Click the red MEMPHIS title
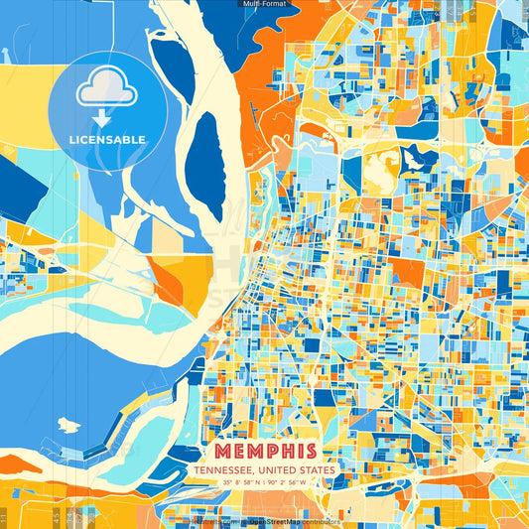263,451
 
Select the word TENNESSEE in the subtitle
223,470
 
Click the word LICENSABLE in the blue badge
106,139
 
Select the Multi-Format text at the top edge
264,4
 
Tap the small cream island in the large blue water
67,424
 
